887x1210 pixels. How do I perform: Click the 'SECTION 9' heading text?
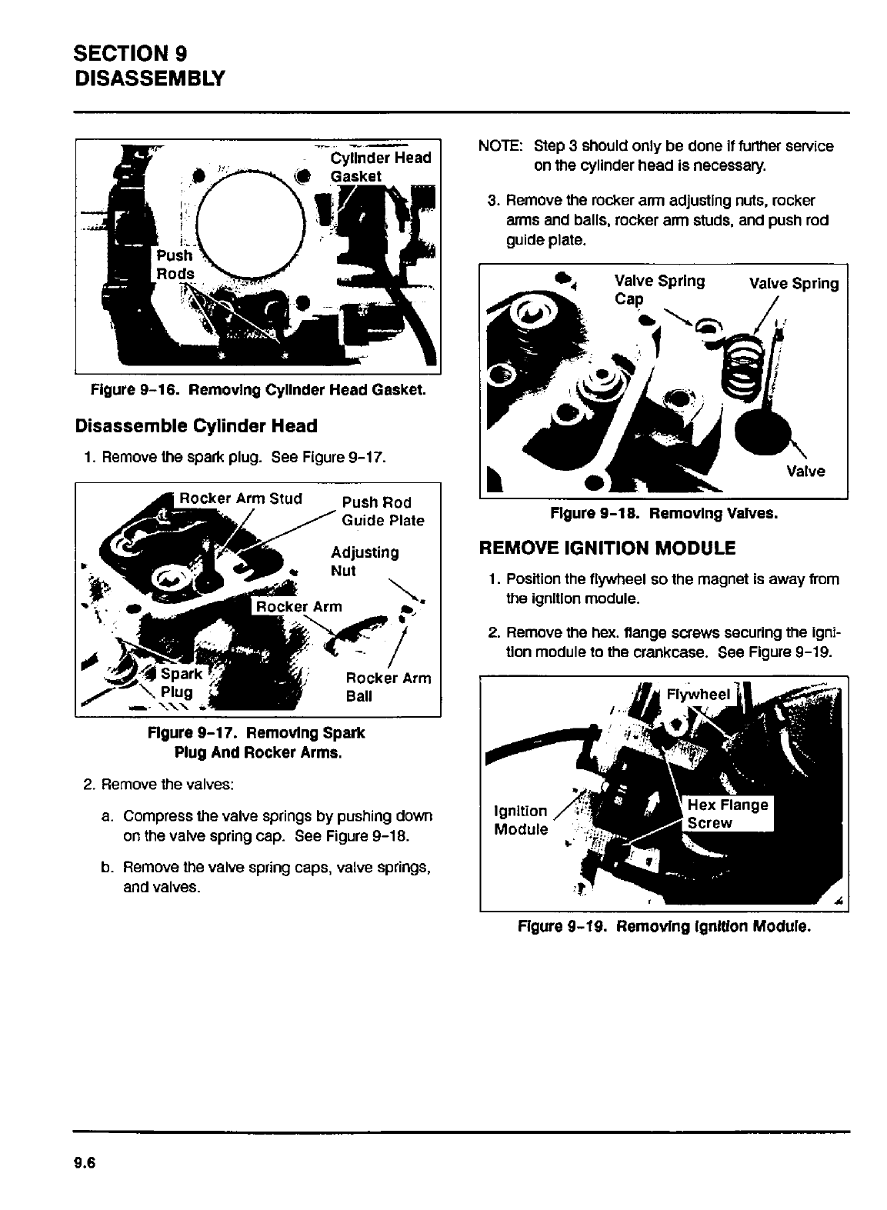click(130, 53)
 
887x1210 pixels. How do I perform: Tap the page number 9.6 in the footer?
click(84, 1162)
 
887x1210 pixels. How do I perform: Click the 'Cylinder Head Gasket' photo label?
click(380, 167)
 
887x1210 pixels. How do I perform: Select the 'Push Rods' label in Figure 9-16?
click(175, 265)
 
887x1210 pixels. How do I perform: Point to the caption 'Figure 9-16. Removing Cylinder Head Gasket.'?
click(258, 390)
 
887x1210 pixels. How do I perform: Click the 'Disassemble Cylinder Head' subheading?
click(195, 426)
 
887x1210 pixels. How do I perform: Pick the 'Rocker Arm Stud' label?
click(241, 498)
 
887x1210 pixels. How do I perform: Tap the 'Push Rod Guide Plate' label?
click(382, 512)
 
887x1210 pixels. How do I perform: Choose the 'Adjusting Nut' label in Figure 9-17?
click(364, 562)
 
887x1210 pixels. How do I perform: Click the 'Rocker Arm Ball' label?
click(388, 687)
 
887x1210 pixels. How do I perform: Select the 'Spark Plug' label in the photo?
click(182, 683)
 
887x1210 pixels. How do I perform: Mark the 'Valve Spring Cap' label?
click(659, 289)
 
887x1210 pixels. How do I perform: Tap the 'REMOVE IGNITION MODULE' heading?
click(607, 548)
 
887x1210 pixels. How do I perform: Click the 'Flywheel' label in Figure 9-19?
click(698, 695)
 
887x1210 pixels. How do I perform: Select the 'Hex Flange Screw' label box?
click(727, 814)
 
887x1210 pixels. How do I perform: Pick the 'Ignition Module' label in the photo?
click(521, 820)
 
